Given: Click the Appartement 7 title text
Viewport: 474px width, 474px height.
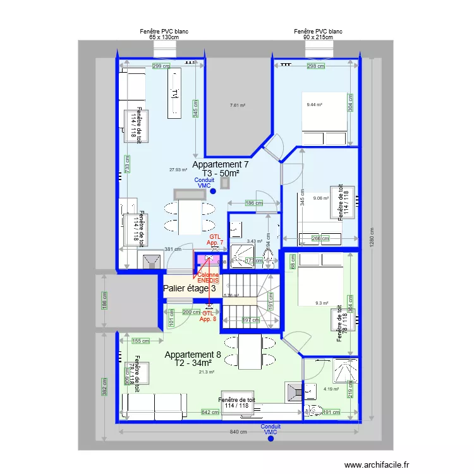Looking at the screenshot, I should pyautogui.click(x=220, y=164).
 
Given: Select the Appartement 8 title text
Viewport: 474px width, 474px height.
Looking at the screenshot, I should pyautogui.click(x=193, y=355).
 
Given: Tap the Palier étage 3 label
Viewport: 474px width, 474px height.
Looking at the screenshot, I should pyautogui.click(x=190, y=289).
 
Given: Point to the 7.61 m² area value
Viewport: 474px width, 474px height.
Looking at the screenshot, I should pyautogui.click(x=237, y=106).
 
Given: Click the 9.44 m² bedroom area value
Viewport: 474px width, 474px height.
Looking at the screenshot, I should pyautogui.click(x=314, y=105).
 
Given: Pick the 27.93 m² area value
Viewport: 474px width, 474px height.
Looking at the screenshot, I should pyautogui.click(x=179, y=169).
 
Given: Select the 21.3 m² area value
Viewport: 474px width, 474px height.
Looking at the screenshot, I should pyautogui.click(x=207, y=372).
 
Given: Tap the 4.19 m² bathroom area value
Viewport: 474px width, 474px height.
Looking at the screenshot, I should pyautogui.click(x=331, y=389).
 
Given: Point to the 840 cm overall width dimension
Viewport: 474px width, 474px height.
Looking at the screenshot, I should pyautogui.click(x=238, y=432).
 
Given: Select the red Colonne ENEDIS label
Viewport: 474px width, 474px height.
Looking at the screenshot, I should pyautogui.click(x=208, y=277).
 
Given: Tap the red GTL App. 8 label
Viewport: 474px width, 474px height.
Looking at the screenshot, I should pyautogui.click(x=208, y=316).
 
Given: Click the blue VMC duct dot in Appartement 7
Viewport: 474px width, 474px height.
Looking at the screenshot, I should pyautogui.click(x=213, y=191).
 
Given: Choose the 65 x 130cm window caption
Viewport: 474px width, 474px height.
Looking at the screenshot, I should pyautogui.click(x=164, y=37).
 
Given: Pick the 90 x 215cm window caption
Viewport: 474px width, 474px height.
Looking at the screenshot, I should pyautogui.click(x=318, y=37).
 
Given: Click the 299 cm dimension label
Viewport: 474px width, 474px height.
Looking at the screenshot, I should pyautogui.click(x=161, y=66).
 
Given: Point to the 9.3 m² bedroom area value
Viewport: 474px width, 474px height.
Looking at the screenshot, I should pyautogui.click(x=322, y=303).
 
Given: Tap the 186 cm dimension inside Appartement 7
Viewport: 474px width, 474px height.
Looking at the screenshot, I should pyautogui.click(x=253, y=203).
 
